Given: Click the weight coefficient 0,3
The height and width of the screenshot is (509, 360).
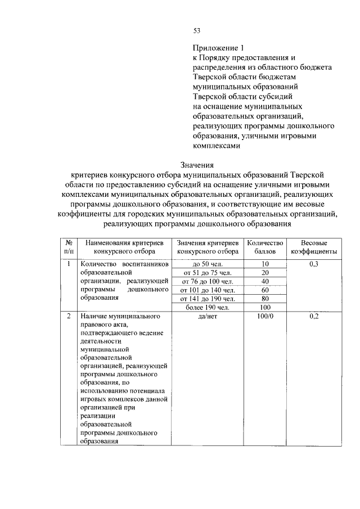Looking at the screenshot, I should (314, 264).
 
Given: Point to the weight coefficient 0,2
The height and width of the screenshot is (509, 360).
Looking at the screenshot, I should (314, 317).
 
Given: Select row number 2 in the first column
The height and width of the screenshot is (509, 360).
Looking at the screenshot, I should (68, 317).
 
